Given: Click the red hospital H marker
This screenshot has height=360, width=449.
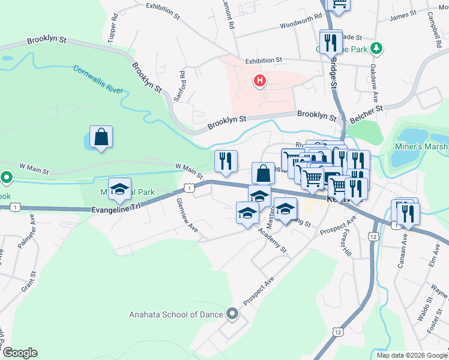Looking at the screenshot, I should pyautogui.click(x=260, y=80).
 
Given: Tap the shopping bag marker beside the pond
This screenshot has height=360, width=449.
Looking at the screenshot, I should pyautogui.click(x=101, y=137).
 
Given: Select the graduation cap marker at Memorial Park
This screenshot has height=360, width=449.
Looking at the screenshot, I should pyautogui.click(x=119, y=189).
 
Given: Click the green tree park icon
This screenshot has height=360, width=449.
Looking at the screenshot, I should pyautogui.click(x=376, y=47).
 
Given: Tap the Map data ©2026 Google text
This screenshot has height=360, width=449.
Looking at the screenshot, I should pyautogui.click(x=412, y=355).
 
